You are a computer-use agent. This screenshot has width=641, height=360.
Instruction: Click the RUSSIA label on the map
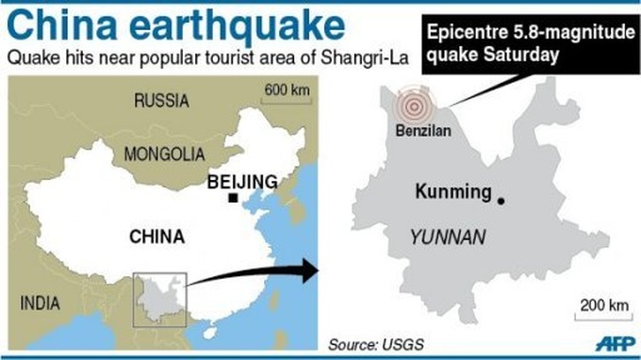pos(161,101)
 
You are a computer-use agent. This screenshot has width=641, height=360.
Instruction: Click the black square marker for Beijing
pos(232,199)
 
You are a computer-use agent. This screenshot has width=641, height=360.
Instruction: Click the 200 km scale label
pos(603,305)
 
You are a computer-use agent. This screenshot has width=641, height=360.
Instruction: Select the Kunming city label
pos(452,192)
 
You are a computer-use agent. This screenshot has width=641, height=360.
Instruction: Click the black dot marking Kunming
pos(501,200)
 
